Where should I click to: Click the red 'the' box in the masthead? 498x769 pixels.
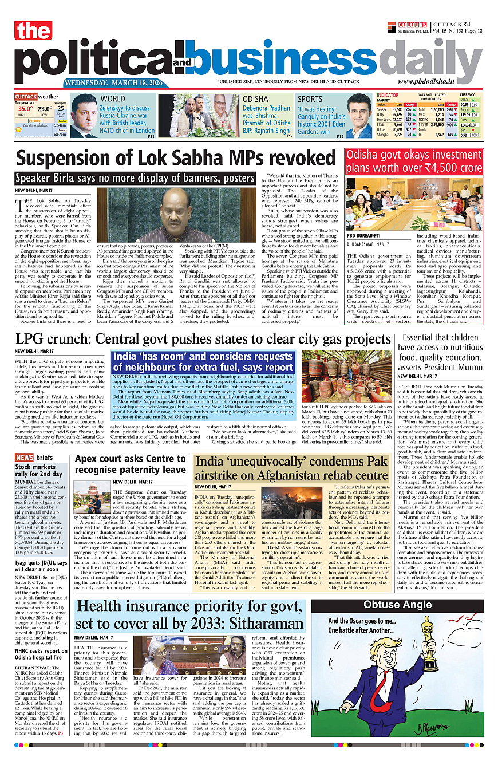34,31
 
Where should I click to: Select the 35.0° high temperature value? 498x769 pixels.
25,108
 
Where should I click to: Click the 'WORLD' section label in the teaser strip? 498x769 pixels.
112,99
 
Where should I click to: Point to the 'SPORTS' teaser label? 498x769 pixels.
310,99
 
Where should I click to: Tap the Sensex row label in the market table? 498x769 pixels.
382,109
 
